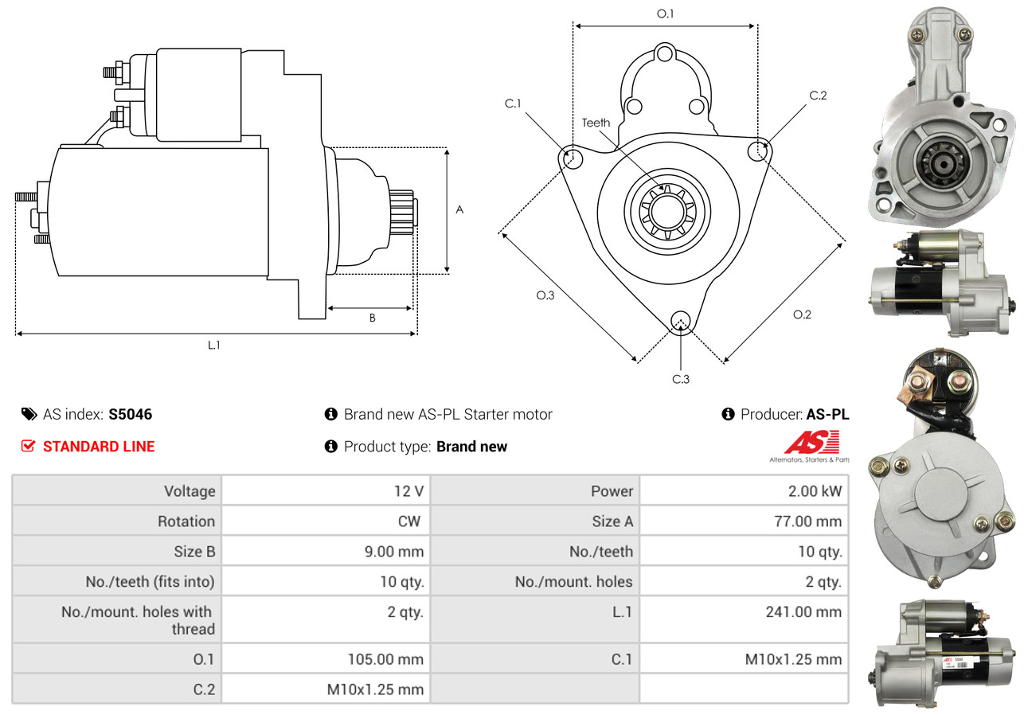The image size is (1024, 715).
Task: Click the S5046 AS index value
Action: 130,414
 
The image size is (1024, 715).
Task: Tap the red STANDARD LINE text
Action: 98,447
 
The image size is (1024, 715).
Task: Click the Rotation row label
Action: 186,522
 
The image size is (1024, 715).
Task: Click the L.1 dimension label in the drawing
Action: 213,345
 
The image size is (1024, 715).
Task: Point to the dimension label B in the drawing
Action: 372,318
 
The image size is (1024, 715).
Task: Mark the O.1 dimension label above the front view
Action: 665,13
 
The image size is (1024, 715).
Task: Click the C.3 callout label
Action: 680,379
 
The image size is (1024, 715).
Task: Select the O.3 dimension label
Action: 545,295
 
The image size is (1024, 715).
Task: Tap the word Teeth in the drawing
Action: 596,123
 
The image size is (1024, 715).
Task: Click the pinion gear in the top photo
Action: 942,166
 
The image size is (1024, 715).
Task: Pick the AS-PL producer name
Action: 827,414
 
